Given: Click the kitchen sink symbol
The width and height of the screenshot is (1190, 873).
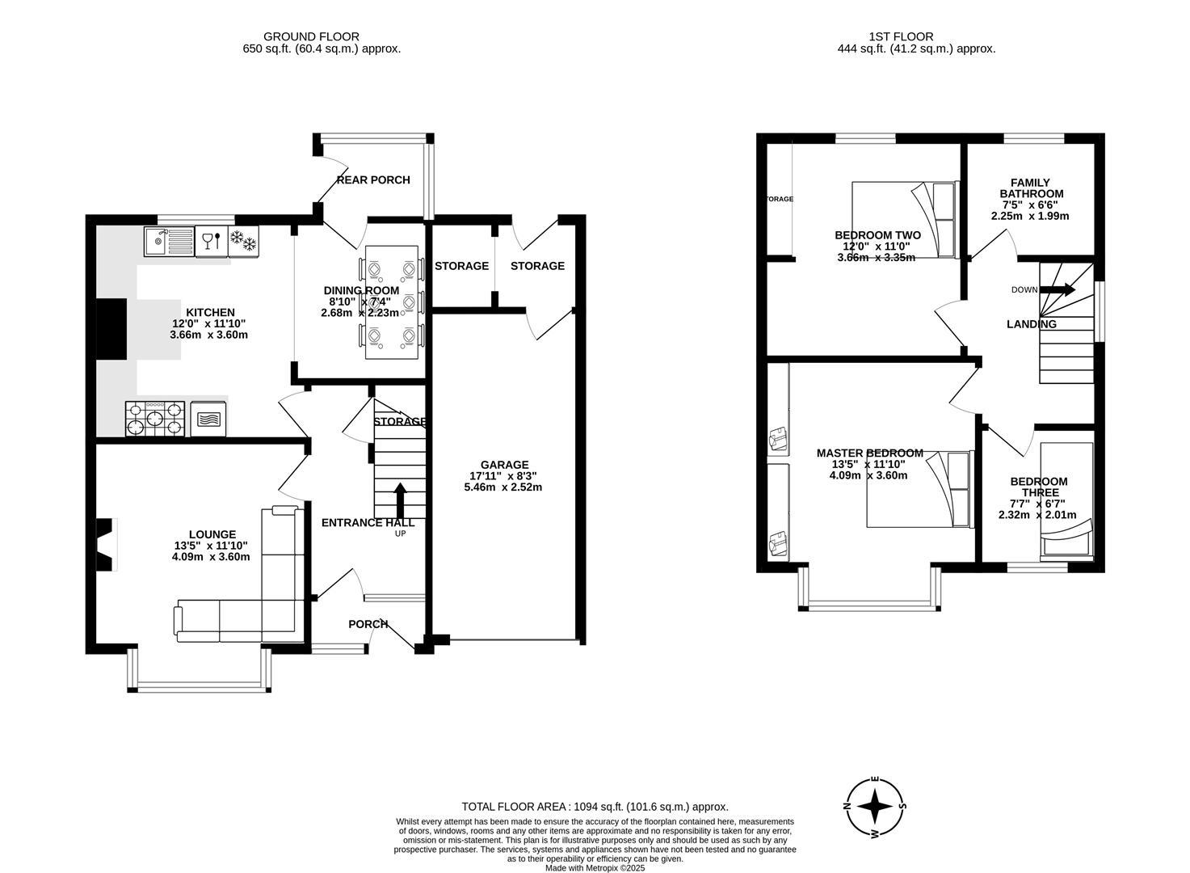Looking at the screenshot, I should coord(169,242).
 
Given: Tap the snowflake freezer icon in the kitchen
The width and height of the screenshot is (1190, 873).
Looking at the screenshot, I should coord(243,241).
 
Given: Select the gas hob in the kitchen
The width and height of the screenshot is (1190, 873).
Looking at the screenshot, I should coord(155,419).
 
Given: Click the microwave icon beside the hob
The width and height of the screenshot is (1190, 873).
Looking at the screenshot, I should coord(208,419).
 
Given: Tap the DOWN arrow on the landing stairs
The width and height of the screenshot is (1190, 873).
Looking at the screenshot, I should coord(1062,289).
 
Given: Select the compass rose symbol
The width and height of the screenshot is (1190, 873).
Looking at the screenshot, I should coord(874,806).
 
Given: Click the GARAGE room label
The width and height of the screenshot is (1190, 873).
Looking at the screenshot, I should coord(504,465).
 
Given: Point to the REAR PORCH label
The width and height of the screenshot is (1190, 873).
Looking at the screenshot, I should coord(373,179).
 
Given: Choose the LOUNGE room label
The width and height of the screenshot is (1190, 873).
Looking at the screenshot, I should coord(212,534).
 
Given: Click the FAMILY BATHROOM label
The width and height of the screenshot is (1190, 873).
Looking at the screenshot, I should coord(1031,188).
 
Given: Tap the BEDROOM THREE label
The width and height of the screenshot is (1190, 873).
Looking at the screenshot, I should coord(1038,487).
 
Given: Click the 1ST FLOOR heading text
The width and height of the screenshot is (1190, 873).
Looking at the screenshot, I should coord(901,36).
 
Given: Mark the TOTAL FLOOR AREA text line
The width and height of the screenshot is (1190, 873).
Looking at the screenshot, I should coord(595,806).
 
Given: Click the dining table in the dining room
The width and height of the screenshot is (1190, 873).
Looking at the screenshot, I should coord(392,302).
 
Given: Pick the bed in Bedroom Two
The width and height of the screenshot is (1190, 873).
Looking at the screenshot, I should coord(903,219).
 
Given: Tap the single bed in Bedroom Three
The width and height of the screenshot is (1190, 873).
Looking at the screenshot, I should coord(1066,501).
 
